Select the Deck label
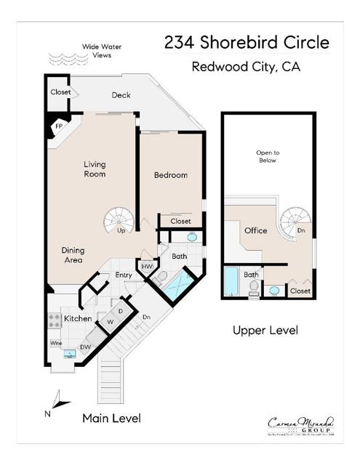coord(121,95)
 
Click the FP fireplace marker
coord(59,126)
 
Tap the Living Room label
coord(95,169)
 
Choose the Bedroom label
coord(171,175)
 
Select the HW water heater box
coord(148,267)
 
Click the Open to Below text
coord(266,156)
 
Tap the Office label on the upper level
coord(255,230)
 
